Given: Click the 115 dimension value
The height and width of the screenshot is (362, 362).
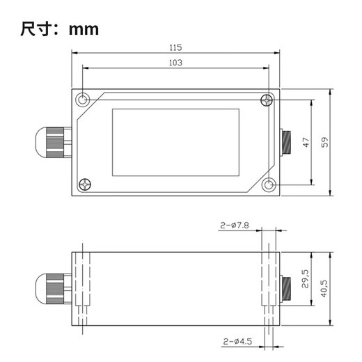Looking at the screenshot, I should tap(175, 48).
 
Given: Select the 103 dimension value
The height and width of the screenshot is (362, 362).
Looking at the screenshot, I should tap(175, 62).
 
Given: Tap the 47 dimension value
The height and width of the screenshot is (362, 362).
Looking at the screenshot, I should tap(305, 142).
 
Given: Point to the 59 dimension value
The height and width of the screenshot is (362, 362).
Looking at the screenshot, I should tap(324, 142).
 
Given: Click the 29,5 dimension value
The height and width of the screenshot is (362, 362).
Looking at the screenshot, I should tap(305, 280).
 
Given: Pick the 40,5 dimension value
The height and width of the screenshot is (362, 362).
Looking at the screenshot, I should tap(324, 288).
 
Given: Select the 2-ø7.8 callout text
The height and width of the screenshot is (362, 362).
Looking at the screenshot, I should tap(235, 226).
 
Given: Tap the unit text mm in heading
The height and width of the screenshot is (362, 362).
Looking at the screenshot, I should tap(84, 29).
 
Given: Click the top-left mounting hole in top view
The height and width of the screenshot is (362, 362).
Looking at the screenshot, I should tap(84, 100).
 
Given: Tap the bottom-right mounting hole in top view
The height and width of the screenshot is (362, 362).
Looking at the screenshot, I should tap(268, 185).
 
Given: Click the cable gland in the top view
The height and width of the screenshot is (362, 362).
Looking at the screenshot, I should tap(52, 143).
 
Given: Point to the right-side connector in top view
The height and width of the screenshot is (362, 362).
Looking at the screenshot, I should tap(285, 142).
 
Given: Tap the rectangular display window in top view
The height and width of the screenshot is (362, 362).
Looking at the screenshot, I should tap(175, 142).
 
